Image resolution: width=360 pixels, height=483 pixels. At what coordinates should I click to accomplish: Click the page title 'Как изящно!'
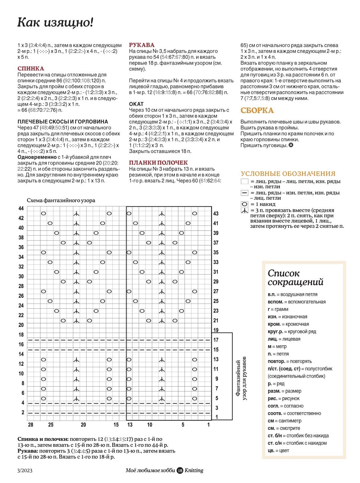tap(55, 22)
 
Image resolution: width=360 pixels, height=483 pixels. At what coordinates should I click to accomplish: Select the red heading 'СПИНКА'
tap(31, 68)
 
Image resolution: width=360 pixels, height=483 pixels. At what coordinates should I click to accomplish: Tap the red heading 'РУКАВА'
tap(142, 45)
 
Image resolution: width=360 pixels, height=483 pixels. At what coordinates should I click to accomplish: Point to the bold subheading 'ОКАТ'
tap(136, 104)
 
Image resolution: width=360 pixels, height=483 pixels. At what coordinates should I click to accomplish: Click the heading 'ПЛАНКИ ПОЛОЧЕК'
tap(158, 163)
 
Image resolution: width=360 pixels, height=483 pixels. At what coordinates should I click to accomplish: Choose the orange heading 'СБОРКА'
tap(257, 110)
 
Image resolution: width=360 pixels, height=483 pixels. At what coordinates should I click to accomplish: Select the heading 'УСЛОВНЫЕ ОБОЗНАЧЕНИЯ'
tap(288, 174)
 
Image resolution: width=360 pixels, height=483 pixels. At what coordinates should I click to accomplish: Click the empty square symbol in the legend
tap(245, 181)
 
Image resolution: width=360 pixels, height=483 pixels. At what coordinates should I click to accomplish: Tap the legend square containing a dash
tap(245, 193)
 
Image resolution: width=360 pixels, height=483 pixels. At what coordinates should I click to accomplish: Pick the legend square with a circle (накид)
tap(245, 204)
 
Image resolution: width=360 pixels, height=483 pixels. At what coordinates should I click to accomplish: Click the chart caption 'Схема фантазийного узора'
tap(61, 200)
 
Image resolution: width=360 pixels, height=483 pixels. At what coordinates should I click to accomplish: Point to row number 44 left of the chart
tap(21, 208)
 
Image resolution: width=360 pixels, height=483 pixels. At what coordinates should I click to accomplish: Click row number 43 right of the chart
tap(216, 214)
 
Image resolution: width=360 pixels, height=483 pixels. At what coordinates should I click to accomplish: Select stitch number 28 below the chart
tap(30, 425)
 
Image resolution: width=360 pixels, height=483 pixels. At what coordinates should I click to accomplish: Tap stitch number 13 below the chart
tap(130, 425)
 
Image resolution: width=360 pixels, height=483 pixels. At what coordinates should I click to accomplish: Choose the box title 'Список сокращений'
tap(295, 278)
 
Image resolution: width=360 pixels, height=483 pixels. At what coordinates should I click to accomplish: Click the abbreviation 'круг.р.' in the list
tap(275, 331)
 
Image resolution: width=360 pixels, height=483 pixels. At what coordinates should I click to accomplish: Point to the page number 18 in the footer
tap(180, 470)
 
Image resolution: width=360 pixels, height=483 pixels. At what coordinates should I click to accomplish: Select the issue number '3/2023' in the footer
tap(25, 470)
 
